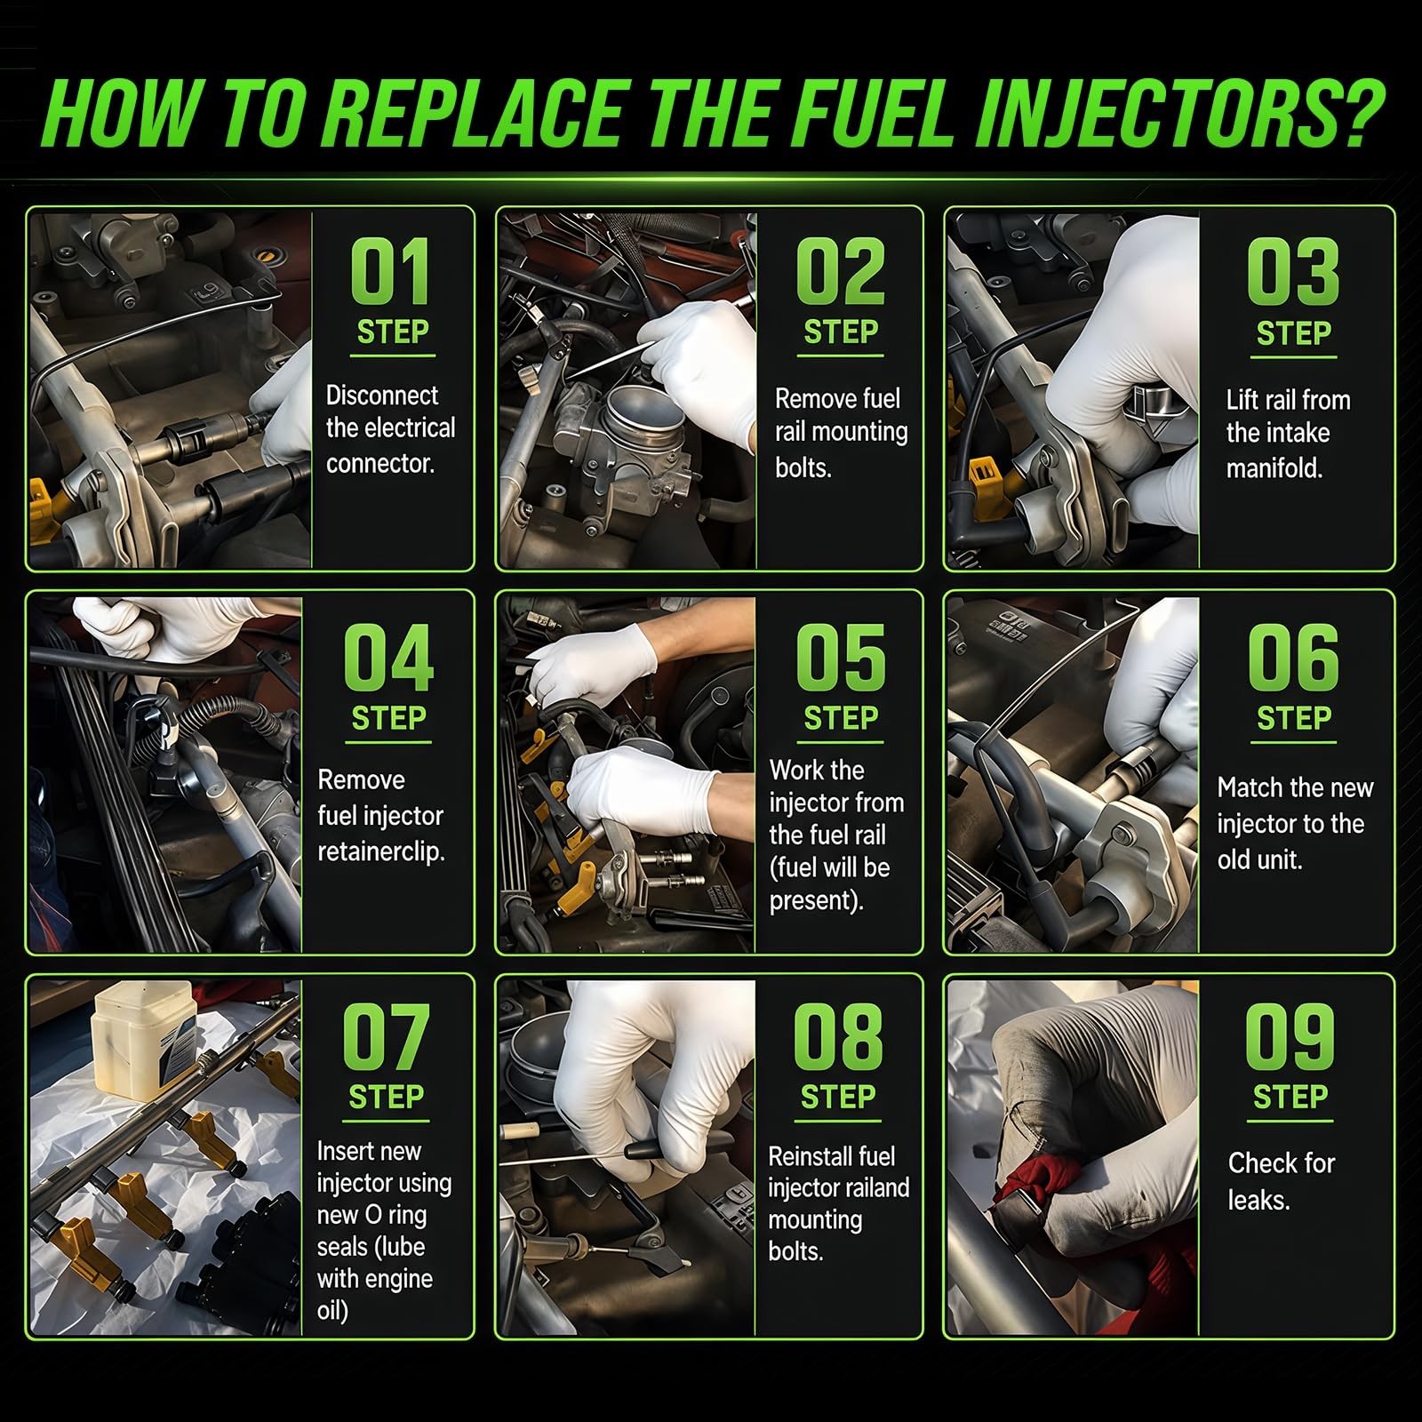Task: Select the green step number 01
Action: click(x=391, y=271)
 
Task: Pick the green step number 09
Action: click(x=1290, y=1036)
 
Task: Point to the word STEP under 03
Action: click(x=1293, y=333)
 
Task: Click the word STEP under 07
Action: click(x=387, y=1098)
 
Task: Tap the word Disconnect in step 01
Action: click(x=382, y=395)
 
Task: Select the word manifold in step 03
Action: click(x=1274, y=467)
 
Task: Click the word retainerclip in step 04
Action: click(x=381, y=851)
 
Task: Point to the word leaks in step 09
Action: click(x=1258, y=1200)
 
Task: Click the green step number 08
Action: click(x=838, y=1036)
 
